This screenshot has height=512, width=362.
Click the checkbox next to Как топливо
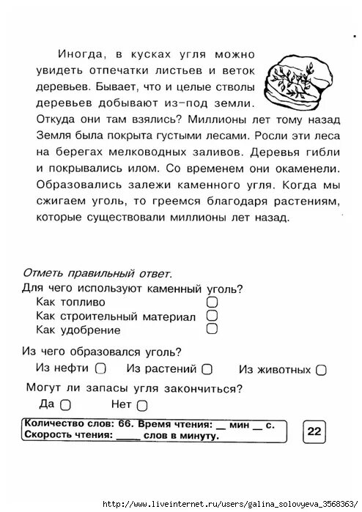(213, 302)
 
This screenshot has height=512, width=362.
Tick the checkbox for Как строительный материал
(213, 316)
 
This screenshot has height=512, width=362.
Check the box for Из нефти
(100, 370)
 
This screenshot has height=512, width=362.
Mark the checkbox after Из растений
(207, 370)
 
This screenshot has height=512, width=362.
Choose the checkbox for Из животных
(320, 371)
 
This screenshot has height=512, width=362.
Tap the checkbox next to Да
(65, 404)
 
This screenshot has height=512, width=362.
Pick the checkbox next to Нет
(141, 404)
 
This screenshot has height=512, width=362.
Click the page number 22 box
(314, 431)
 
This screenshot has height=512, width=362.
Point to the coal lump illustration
(295, 80)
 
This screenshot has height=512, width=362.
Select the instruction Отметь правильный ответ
(97, 273)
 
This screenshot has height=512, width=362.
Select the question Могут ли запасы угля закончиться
(134, 388)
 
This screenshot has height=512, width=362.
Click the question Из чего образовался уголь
(103, 352)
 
